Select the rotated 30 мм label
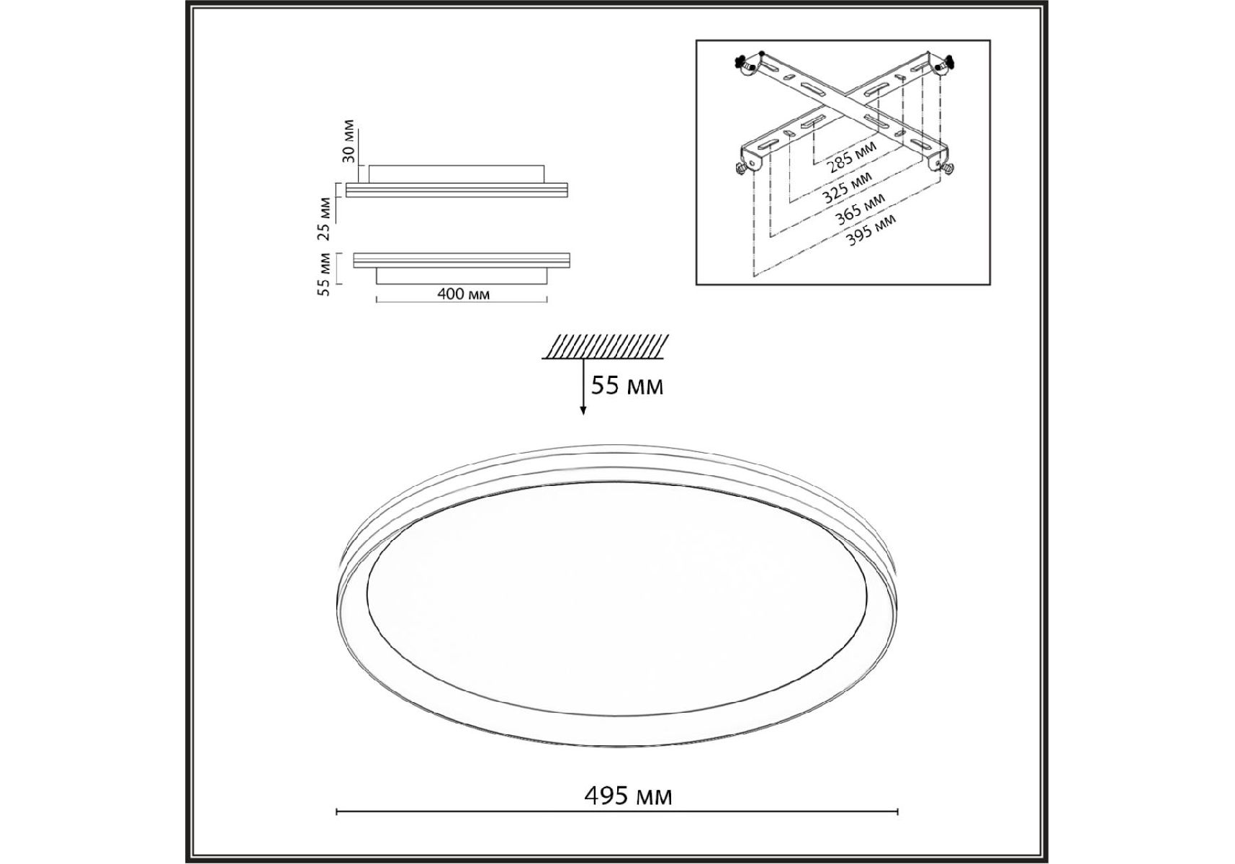[349, 141]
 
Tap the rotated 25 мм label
[324, 217]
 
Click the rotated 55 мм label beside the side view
[324, 274]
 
